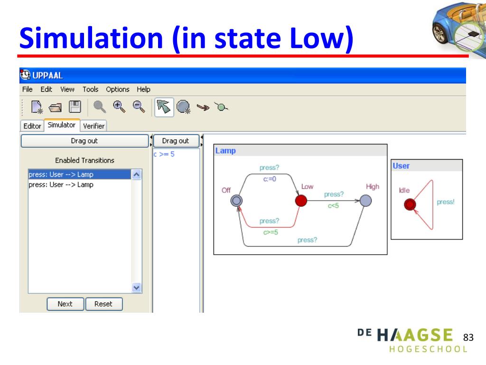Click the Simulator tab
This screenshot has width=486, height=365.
pos(62,125)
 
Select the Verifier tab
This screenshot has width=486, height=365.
pos(93,126)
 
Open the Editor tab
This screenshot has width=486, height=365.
pos(32,126)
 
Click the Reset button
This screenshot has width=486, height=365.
pos(103,304)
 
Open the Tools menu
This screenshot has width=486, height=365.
pos(90,89)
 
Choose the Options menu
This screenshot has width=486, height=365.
pos(117,89)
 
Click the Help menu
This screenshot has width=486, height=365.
pos(143,89)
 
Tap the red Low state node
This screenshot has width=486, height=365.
pos(301,201)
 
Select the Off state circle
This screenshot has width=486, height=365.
pos(236,201)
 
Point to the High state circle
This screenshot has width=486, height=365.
pos(365,201)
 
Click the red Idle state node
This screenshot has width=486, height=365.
pos(410,204)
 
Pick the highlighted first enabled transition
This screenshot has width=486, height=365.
pos(78,174)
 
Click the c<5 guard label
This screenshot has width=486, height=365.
pos(333,206)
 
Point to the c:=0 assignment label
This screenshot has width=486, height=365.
pos(269,179)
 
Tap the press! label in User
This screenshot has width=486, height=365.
pos(445,202)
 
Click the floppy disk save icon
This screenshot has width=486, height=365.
pos(75,107)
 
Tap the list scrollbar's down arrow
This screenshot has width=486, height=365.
pos(136,288)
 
